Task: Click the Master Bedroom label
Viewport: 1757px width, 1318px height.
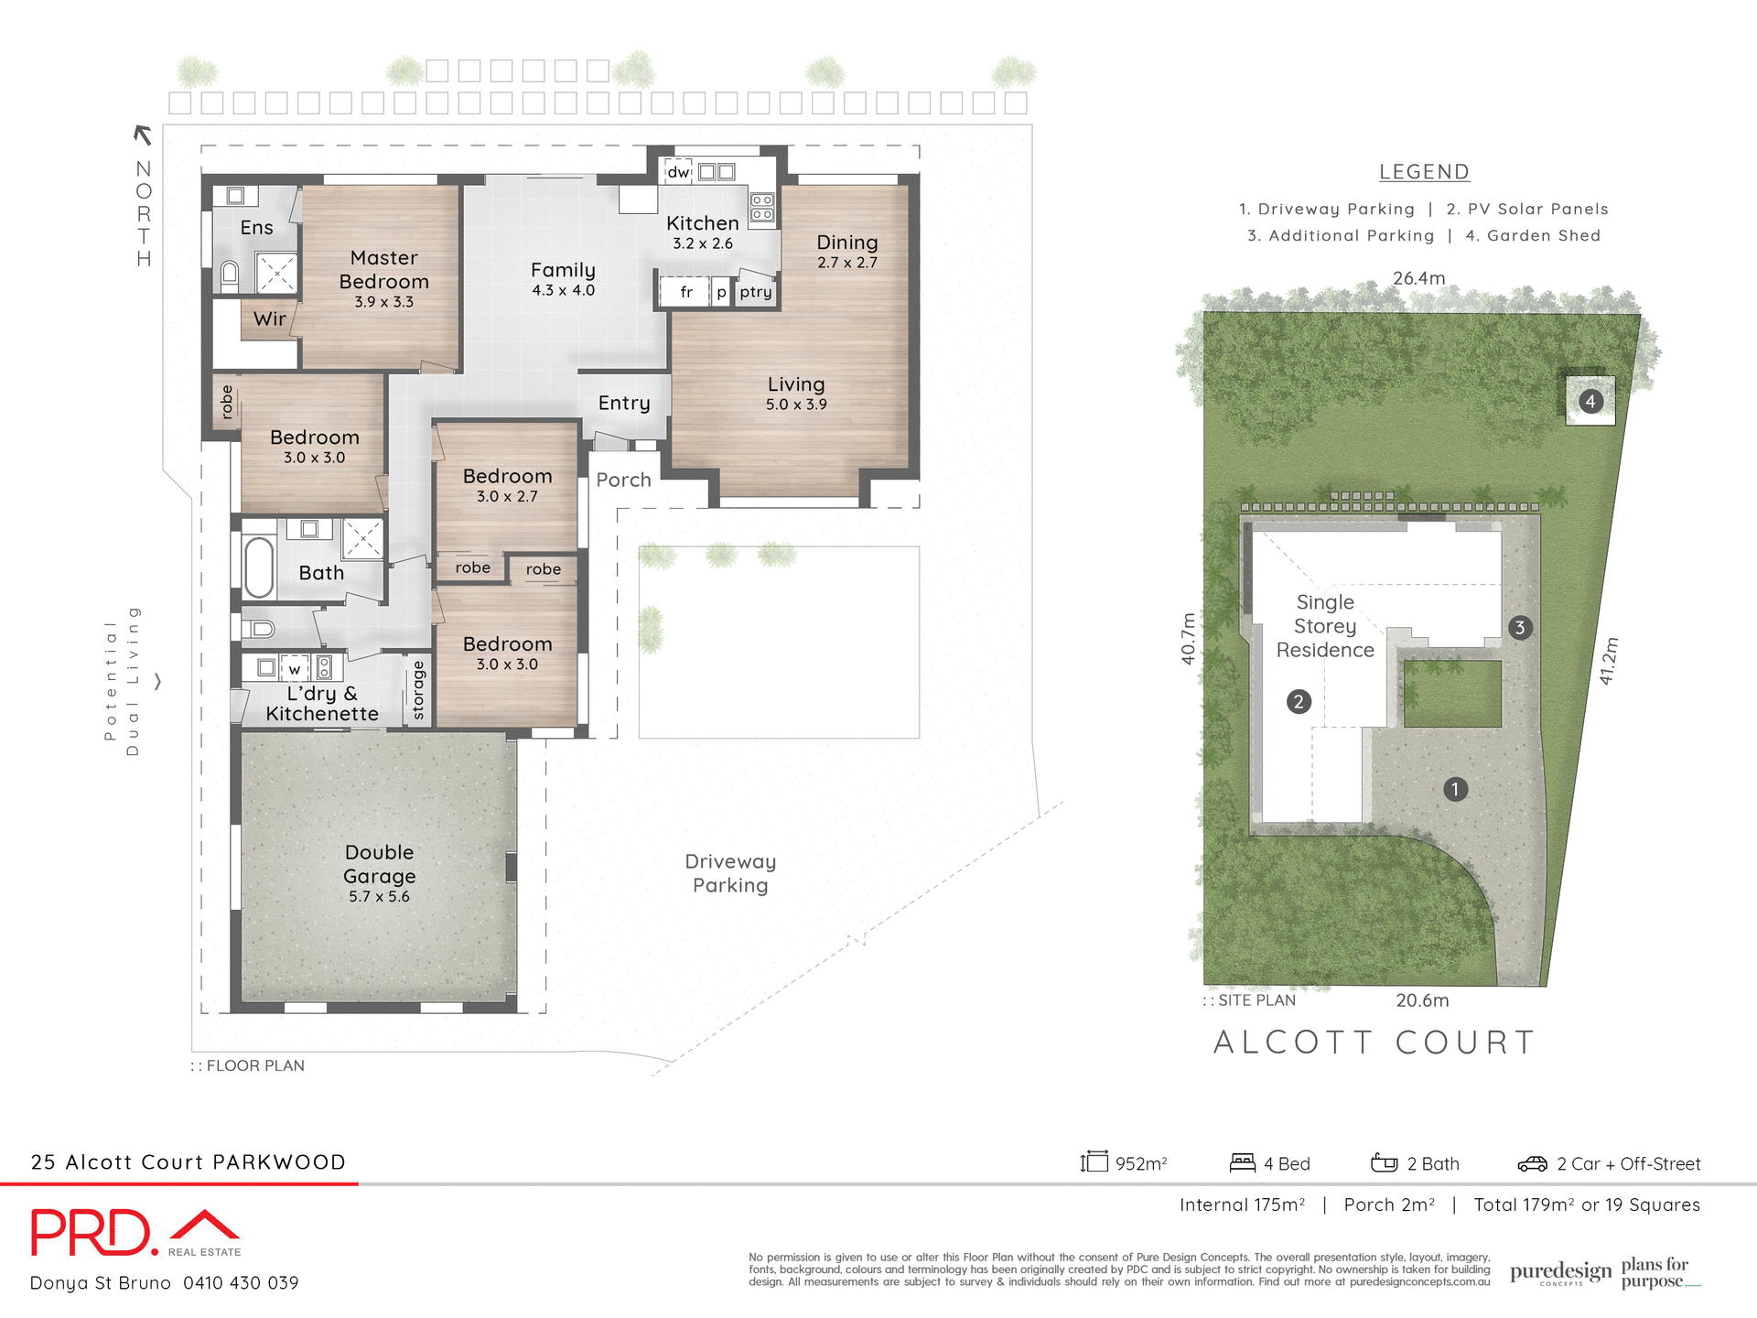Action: pos(383,270)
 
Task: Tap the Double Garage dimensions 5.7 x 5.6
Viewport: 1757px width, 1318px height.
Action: pos(379,897)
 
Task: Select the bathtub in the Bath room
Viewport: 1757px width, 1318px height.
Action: pos(259,567)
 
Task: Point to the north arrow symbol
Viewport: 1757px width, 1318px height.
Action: pos(143,135)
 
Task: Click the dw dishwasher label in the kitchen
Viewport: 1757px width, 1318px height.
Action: pos(678,172)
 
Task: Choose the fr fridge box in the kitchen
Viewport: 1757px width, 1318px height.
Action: pos(685,292)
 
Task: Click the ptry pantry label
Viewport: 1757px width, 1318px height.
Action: pos(756,292)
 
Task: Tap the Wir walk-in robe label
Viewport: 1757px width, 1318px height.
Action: pos(270,319)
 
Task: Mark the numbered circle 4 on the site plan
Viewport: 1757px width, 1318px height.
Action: pos(1590,401)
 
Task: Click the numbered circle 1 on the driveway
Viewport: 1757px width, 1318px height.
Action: pos(1455,789)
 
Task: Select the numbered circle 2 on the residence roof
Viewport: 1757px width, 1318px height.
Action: pos(1299,702)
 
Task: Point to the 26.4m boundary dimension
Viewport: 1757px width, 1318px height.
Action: pos(1418,278)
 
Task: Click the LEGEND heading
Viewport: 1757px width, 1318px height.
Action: pos(1424,172)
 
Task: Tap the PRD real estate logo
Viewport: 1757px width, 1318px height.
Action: pos(135,1233)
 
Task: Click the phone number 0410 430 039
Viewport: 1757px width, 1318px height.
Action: pos(241,1283)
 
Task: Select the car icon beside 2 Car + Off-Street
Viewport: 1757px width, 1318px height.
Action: pos(1532,1163)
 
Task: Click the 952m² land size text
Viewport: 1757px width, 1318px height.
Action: pos(1140,1164)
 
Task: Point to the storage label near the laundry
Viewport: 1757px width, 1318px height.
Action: pos(419,690)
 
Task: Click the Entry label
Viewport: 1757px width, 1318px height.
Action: pos(624,404)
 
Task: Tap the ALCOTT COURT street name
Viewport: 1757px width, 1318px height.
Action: pos(1374,1043)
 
